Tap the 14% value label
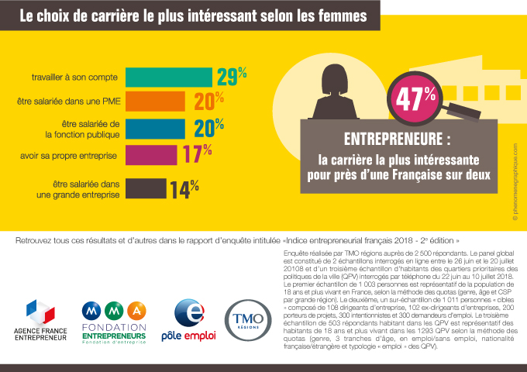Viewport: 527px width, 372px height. [184, 190]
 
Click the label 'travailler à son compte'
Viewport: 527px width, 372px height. [74, 77]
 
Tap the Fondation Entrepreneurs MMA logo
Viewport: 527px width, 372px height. [113, 322]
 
